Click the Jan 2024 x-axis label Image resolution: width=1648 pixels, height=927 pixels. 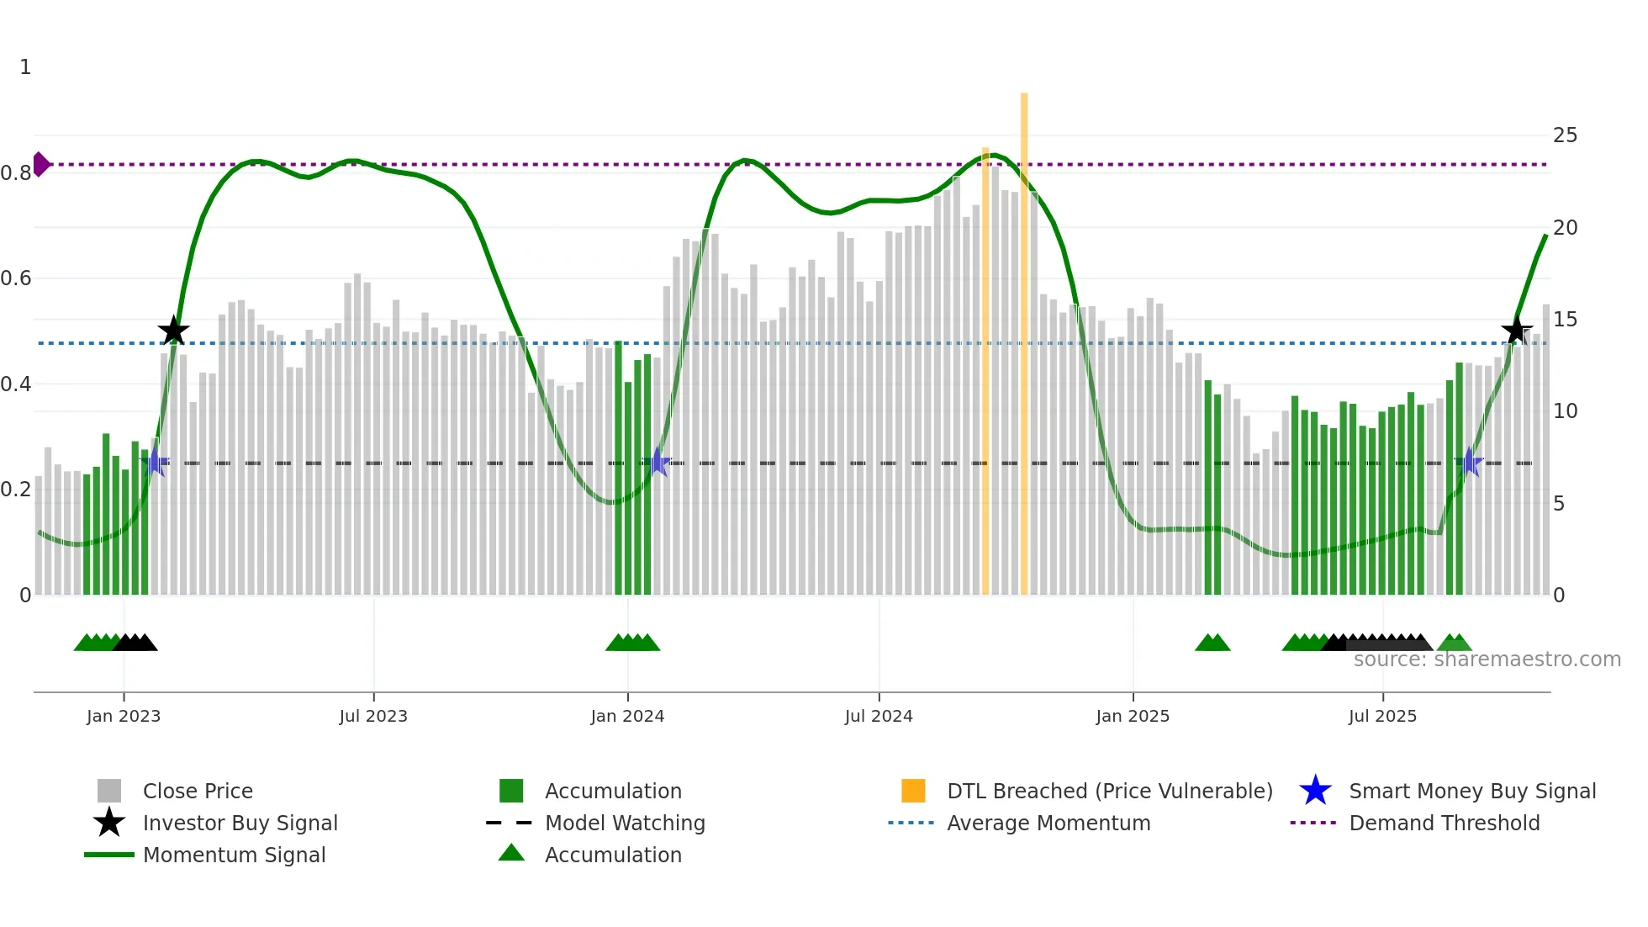pos(627,716)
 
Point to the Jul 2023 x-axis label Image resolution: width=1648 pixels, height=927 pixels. pos(373,716)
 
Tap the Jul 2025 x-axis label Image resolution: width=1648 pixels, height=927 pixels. pos(1382,716)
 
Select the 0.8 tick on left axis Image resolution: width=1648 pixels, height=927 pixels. pos(16,173)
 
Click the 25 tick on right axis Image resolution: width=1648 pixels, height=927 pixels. pos(1565,135)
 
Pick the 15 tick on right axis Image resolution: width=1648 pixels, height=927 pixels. pos(1565,320)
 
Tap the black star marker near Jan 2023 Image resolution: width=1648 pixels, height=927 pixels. pos(173,331)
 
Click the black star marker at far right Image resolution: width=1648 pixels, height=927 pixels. pos(1516,331)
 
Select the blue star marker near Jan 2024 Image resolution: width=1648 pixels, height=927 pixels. pos(658,463)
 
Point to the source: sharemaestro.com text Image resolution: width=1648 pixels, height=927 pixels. pos(1487,659)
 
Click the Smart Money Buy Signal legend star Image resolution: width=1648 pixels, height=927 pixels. pos(1315,791)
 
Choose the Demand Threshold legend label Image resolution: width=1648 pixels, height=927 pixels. pos(1444,823)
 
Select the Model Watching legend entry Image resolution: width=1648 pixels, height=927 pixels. pos(624,823)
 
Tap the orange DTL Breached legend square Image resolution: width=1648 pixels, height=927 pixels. pos(913,791)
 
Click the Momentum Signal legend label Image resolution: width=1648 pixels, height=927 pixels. pos(234,855)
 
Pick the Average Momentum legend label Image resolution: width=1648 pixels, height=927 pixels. pos(1048,823)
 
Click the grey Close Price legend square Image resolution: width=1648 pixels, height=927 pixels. pos(109,791)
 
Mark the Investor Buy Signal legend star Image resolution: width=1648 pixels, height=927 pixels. pos(109,823)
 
